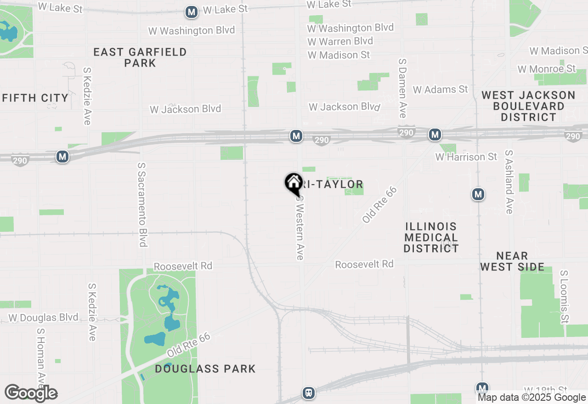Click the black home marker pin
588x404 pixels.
[294, 184]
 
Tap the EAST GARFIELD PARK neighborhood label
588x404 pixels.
[140, 57]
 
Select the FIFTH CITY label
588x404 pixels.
[35, 98]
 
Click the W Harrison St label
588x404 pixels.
[466, 157]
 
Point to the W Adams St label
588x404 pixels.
[440, 90]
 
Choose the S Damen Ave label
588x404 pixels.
[402, 88]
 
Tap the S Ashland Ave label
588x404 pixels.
[509, 182]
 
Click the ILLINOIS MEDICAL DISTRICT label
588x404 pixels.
[431, 237]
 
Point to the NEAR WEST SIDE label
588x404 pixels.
[512, 261]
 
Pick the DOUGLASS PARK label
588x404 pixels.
[205, 369]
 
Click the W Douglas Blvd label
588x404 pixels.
[44, 318]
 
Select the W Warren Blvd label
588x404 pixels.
[340, 41]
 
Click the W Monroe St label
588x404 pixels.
[547, 69]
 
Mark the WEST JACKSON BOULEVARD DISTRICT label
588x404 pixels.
[528, 106]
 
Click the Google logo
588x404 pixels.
[31, 393]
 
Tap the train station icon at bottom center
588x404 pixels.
[309, 393]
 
